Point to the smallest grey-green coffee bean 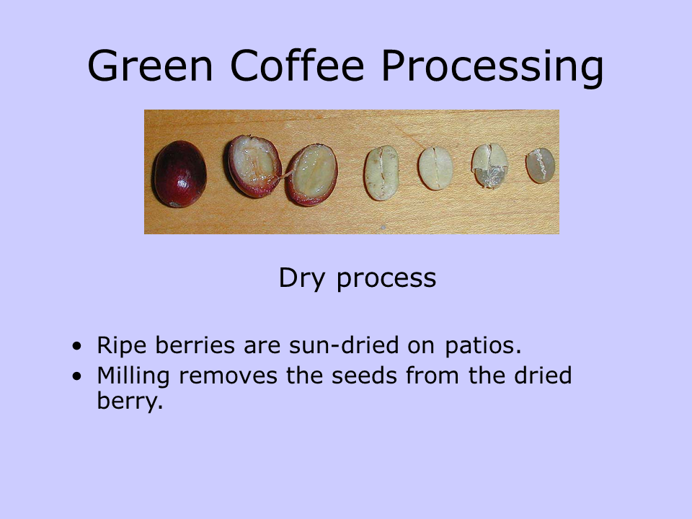pos(540,166)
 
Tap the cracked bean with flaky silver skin pos(489,166)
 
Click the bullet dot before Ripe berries pos(77,347)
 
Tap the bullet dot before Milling pos(77,377)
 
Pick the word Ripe pos(120,347)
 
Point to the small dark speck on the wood pos(383,227)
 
